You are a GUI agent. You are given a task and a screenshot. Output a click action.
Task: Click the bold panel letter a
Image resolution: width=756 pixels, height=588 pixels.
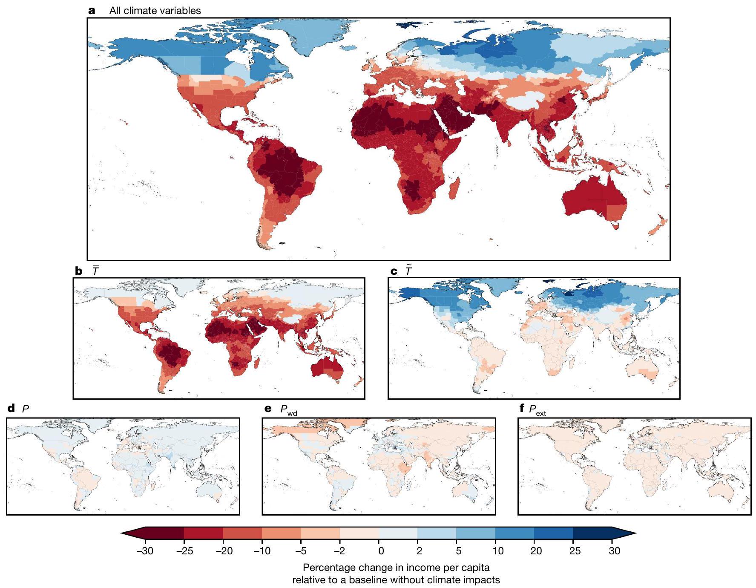tap(92, 11)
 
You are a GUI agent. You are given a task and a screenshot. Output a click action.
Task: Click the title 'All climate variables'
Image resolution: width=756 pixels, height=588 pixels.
tap(155, 11)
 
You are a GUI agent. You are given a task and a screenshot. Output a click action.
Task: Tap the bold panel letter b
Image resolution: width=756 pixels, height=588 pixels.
tap(78, 271)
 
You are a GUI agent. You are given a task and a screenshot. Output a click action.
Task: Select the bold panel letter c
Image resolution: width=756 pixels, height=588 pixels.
tap(394, 271)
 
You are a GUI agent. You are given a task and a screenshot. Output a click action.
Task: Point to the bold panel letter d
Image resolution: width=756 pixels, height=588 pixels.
tap(11, 409)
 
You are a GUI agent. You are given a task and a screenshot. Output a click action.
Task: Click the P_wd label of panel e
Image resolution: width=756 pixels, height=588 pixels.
tap(288, 410)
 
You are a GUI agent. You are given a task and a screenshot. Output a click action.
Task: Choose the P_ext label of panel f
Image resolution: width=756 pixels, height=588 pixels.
tap(537, 410)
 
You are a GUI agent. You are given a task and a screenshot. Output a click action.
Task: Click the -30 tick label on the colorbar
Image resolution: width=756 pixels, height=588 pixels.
tap(145, 551)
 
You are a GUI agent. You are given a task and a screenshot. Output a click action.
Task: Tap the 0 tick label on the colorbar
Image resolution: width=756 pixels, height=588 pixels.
tap(381, 551)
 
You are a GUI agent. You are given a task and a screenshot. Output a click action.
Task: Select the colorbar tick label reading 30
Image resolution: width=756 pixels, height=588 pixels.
tap(614, 551)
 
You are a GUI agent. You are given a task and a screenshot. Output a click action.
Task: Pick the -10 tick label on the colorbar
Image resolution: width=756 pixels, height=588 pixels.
tap(262, 551)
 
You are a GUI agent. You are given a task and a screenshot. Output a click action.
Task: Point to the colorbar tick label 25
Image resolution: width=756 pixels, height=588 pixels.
tap(575, 551)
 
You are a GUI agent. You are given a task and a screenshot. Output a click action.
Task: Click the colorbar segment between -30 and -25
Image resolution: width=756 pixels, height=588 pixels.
tap(164, 533)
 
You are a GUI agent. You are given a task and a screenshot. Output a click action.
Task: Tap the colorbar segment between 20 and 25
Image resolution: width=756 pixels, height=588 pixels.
tap(553, 533)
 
